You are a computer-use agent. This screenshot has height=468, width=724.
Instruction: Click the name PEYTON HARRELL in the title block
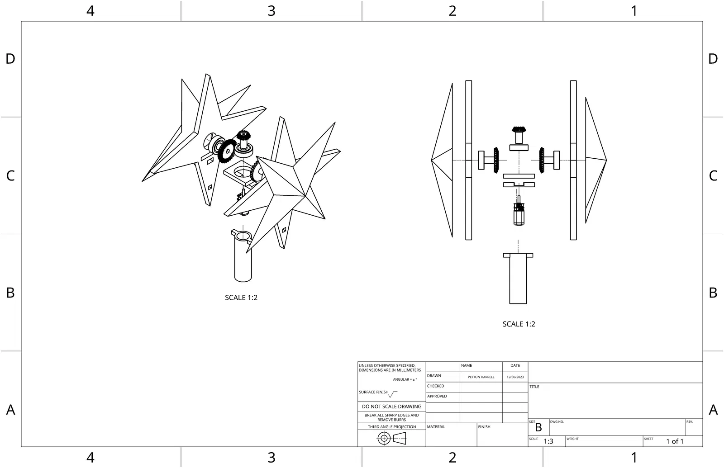(481, 377)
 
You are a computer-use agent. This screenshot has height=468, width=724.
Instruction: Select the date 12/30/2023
(515, 377)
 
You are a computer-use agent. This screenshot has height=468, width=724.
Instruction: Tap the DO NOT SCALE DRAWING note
(391, 407)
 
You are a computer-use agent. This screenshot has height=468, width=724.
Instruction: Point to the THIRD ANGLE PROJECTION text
(391, 427)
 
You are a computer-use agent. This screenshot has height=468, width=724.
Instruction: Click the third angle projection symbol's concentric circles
(384, 438)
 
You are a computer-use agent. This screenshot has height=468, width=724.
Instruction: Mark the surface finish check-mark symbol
(392, 394)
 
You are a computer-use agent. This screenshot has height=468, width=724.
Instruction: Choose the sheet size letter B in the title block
(538, 427)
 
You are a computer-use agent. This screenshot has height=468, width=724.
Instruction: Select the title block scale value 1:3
(548, 441)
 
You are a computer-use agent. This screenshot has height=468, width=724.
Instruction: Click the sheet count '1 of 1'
(674, 441)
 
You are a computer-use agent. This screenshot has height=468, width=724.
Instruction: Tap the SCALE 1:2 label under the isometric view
(241, 298)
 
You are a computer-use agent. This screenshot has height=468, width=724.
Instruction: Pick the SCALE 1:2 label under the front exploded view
(519, 324)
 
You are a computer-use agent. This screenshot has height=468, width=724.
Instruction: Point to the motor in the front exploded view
(518, 214)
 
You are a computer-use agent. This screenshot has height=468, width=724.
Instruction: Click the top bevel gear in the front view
(519, 134)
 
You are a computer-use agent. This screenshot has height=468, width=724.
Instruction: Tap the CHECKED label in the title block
(436, 386)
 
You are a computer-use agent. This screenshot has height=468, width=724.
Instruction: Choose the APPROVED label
(437, 396)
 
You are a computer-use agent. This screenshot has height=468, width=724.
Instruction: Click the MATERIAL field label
(436, 427)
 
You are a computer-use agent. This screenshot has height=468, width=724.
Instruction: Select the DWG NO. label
(557, 422)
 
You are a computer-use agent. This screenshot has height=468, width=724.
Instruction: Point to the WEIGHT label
(572, 439)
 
